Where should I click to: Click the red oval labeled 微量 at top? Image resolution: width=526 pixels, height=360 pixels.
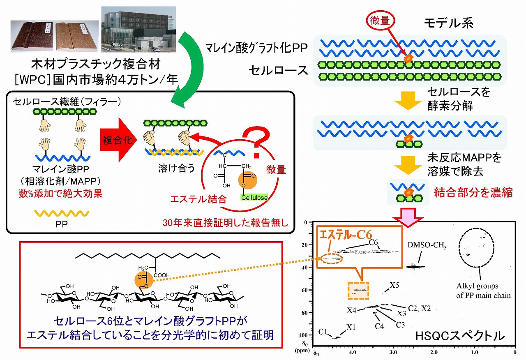click(380, 21)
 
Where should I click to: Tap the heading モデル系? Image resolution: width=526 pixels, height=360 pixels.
click(449, 23)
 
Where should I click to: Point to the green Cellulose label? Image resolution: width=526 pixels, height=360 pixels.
click(254, 198)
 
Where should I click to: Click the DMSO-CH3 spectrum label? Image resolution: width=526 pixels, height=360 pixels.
click(427, 246)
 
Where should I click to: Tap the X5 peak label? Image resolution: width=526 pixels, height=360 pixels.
click(394, 285)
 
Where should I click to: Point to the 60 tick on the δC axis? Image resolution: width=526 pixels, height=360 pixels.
click(305, 290)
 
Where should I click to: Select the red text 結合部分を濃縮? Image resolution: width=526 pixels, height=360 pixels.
click(473, 192)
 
